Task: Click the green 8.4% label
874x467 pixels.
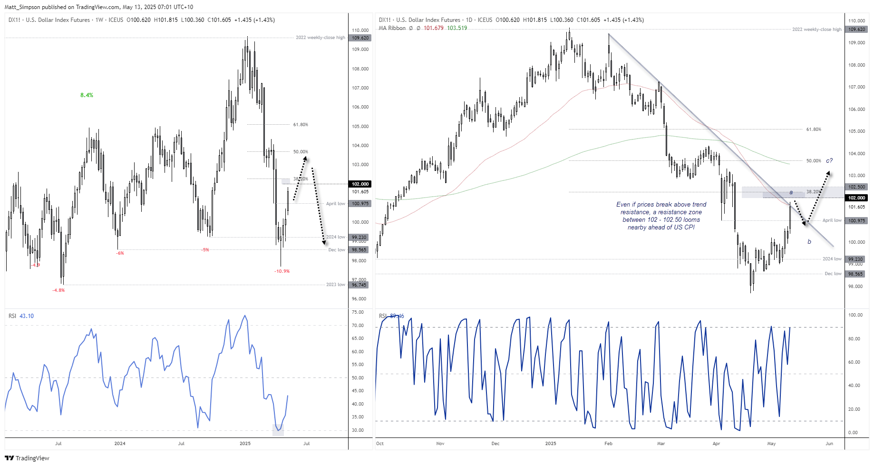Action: [x=87, y=95]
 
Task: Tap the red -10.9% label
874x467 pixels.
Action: [x=282, y=271]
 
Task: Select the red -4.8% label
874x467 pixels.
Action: [x=58, y=290]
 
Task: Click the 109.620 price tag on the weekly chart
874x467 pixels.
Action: [x=360, y=38]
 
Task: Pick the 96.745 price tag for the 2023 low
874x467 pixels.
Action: [x=359, y=285]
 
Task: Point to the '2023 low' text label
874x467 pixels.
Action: [x=335, y=285]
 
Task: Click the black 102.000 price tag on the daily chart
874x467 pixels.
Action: [x=857, y=198]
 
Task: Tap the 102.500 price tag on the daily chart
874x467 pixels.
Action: [x=857, y=187]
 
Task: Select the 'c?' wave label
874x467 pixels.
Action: [x=829, y=161]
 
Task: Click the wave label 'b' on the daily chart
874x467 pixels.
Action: [x=809, y=242]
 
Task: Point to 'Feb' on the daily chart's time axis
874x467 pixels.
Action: [x=608, y=444]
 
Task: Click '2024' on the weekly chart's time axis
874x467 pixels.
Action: [x=120, y=444]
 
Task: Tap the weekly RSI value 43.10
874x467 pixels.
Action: [x=27, y=316]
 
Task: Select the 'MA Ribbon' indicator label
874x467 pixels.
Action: [x=392, y=28]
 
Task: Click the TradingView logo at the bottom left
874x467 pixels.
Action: [x=27, y=458]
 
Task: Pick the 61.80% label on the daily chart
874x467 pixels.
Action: [x=814, y=129]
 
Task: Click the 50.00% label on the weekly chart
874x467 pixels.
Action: [x=301, y=152]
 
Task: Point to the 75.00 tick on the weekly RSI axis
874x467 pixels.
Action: [x=358, y=312]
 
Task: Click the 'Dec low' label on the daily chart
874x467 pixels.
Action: [x=833, y=274]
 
